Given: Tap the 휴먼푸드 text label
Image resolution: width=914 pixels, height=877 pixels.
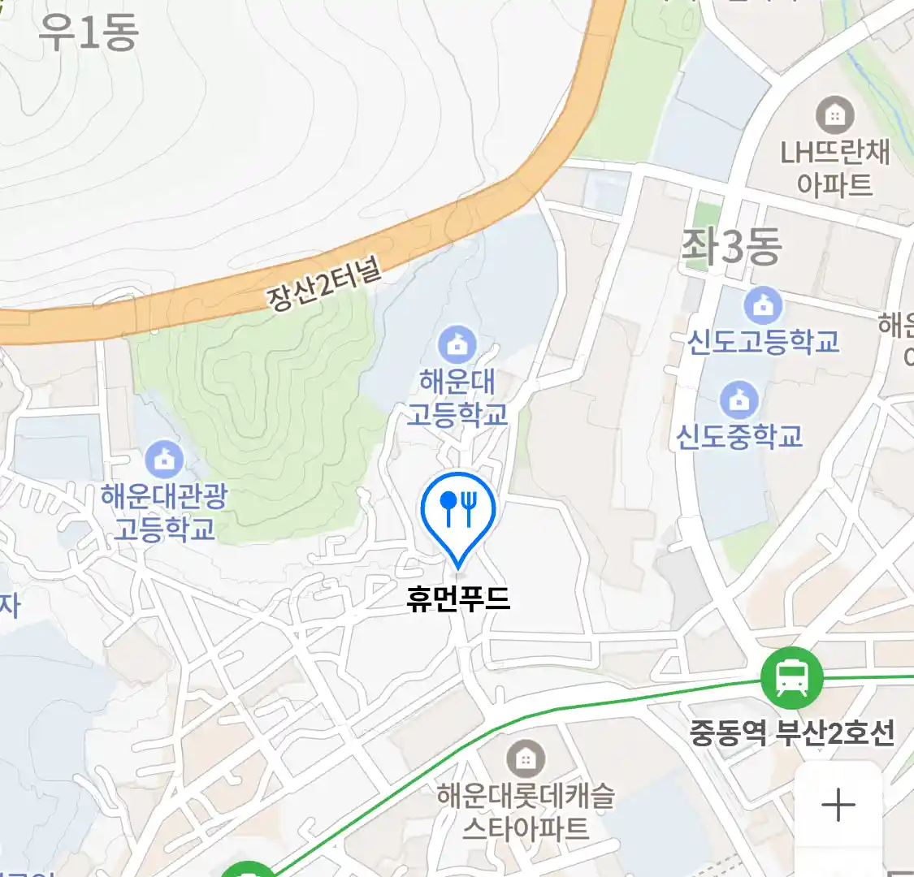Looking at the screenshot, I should tap(458, 599).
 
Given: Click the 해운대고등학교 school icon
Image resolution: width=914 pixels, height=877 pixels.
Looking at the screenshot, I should tap(457, 343).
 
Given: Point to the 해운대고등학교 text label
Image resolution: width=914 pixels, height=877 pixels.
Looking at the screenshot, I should tap(457, 398).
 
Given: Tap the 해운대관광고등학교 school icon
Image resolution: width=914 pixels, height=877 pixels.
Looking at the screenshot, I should tap(164, 460).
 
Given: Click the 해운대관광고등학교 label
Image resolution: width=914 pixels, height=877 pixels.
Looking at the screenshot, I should tap(164, 512).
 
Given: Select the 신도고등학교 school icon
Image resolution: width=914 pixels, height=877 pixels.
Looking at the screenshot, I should tap(763, 306).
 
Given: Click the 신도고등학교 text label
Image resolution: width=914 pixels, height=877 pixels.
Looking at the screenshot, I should tap(763, 342).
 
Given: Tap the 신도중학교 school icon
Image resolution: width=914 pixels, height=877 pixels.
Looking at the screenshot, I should tap(739, 400).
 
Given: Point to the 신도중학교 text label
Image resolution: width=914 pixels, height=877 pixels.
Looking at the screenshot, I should tap(739, 436).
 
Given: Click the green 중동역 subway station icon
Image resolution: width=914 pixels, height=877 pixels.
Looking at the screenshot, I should tap(791, 677).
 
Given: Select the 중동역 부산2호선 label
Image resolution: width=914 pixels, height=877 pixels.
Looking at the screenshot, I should tap(792, 733).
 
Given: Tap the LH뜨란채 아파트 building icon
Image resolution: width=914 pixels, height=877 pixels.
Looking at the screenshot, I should tap(834, 114).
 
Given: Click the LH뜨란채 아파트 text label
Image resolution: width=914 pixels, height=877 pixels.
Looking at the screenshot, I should tap(835, 168).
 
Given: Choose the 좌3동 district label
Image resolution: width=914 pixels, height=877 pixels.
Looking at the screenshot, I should tap(731, 246).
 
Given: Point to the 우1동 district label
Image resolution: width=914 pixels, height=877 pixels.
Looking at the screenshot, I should tap(88, 32).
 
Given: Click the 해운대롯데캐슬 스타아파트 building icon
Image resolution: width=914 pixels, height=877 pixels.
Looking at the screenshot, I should tap(526, 759).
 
